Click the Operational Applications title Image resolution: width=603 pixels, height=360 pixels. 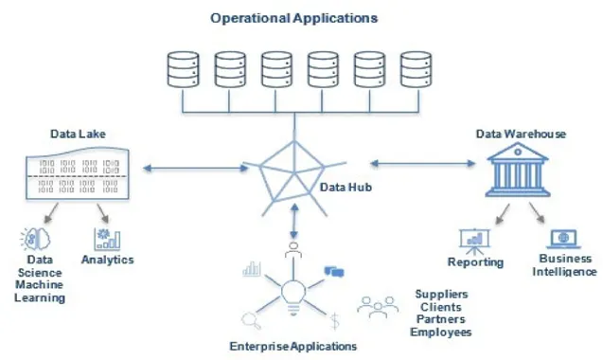point(293,18)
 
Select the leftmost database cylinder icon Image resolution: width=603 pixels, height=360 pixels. point(183,70)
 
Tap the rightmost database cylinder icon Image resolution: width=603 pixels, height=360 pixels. point(416,70)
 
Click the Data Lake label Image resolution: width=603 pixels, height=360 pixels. point(78,134)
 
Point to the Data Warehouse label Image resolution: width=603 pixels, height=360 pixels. point(521,134)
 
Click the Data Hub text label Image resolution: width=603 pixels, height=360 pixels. point(346,188)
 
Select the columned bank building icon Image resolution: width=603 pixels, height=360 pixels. point(518,170)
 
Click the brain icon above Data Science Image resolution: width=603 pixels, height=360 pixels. point(35,239)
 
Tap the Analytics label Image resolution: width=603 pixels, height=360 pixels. point(108,260)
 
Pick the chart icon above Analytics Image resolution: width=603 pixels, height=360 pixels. point(107,239)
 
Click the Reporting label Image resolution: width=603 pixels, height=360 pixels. point(476,262)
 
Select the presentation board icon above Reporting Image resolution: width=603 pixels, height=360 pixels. point(475,241)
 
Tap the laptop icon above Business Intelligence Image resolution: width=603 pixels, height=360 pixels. point(564,239)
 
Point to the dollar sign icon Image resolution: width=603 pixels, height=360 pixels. point(335,321)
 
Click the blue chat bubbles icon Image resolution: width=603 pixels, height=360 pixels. point(334,272)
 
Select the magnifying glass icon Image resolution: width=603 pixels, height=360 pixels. point(251,321)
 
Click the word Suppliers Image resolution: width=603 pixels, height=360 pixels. point(441,295)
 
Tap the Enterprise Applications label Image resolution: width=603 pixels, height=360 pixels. point(293,346)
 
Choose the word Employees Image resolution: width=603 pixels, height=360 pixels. point(441,332)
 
